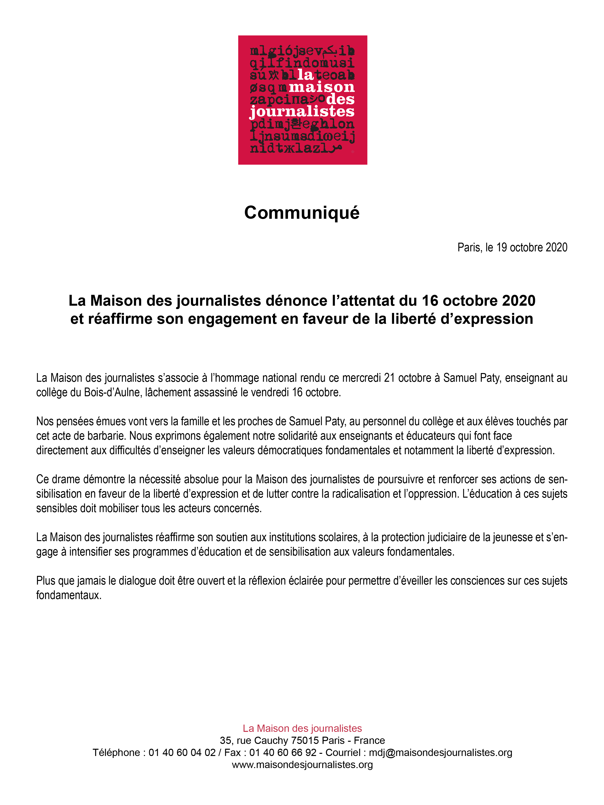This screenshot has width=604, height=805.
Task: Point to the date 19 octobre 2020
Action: tap(532, 247)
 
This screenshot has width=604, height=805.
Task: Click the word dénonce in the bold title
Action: tap(296, 301)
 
